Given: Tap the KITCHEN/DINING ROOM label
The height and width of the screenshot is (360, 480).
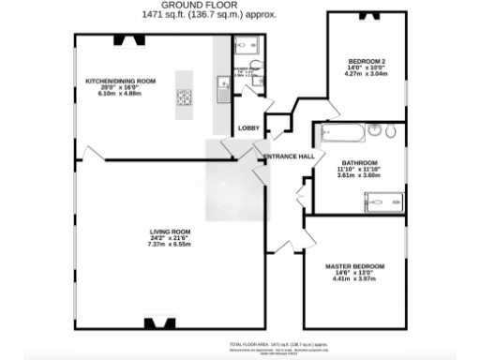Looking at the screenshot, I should coord(119,82).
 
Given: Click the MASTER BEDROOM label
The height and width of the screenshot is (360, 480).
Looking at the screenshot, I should coord(354,266).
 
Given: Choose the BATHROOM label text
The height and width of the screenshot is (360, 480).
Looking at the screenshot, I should coord(359,162).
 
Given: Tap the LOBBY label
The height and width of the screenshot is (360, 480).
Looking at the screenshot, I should coord(248,127).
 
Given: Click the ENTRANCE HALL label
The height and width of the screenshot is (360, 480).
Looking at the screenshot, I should coord(289,156).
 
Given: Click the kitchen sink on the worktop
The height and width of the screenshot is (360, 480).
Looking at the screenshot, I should coord(224,88).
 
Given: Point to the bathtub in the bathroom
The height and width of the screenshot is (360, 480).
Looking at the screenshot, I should coord(342,132).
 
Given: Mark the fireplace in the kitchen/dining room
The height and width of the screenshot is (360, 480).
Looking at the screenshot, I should coord(123,39).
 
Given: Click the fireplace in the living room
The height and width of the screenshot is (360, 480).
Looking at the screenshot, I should coord(153,323).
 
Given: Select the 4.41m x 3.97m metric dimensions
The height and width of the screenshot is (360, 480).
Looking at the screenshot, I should coord(354,279).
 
